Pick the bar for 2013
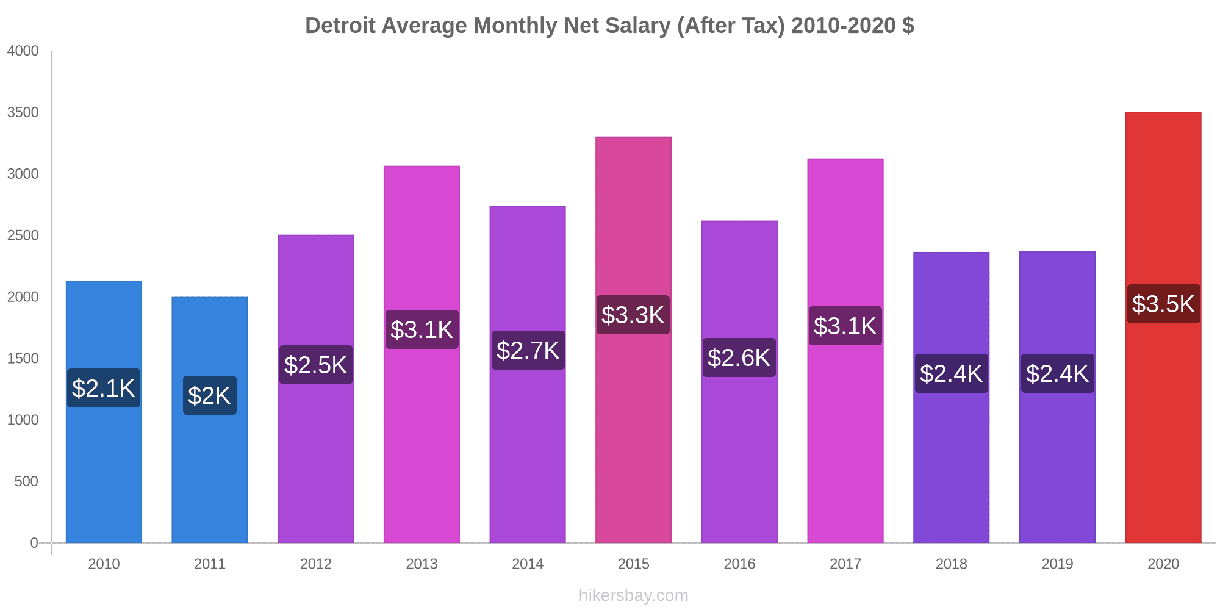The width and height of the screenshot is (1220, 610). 422,439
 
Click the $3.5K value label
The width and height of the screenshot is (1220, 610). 1163,304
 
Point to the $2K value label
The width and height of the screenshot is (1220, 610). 209,395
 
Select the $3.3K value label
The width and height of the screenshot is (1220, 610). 633,315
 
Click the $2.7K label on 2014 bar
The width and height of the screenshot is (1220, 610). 528,350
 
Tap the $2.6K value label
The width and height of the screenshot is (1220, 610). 739,357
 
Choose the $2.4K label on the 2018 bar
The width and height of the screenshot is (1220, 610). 951,373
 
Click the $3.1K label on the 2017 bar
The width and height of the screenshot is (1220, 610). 845,326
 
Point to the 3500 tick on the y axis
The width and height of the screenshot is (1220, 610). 23,112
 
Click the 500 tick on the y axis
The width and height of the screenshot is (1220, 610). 26,481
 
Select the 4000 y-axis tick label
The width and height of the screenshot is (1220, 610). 23,51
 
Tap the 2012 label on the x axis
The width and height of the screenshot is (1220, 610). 315,564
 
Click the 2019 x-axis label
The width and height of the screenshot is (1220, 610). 1057,564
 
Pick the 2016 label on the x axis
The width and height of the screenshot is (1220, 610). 739,564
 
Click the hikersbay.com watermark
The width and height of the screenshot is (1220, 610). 633,595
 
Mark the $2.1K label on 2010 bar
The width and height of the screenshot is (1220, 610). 103,388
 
